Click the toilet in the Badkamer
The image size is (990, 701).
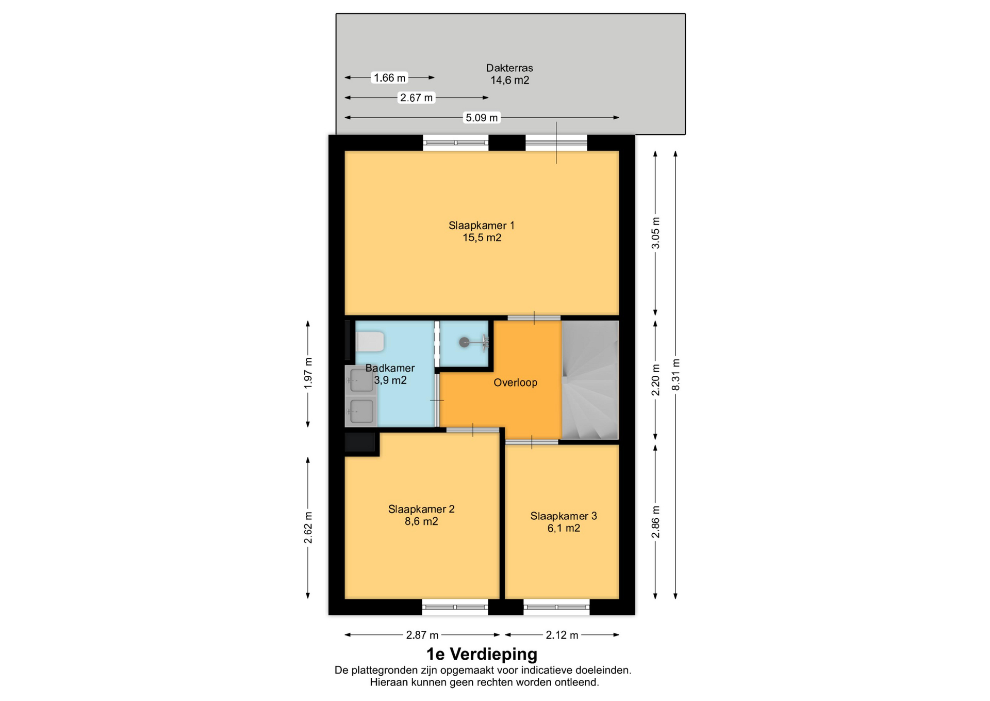click(370, 342)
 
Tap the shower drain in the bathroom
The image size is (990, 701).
click(464, 342)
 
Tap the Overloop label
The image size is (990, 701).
click(515, 383)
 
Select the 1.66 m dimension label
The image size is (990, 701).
click(390, 77)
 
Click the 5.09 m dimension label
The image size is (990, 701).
click(482, 118)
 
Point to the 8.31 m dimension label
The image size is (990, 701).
click(676, 374)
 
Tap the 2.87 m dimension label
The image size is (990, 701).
click(422, 635)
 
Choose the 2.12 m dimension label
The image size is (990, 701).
click(562, 635)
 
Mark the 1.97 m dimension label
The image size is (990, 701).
click(308, 373)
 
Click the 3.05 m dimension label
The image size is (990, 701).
click(655, 232)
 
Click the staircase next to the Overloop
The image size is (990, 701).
click(590, 380)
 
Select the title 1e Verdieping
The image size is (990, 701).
click(482, 655)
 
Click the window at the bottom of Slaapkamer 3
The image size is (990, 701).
click(556, 607)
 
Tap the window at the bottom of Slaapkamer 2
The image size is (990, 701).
click(455, 607)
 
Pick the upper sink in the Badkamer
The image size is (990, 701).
click(361, 381)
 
